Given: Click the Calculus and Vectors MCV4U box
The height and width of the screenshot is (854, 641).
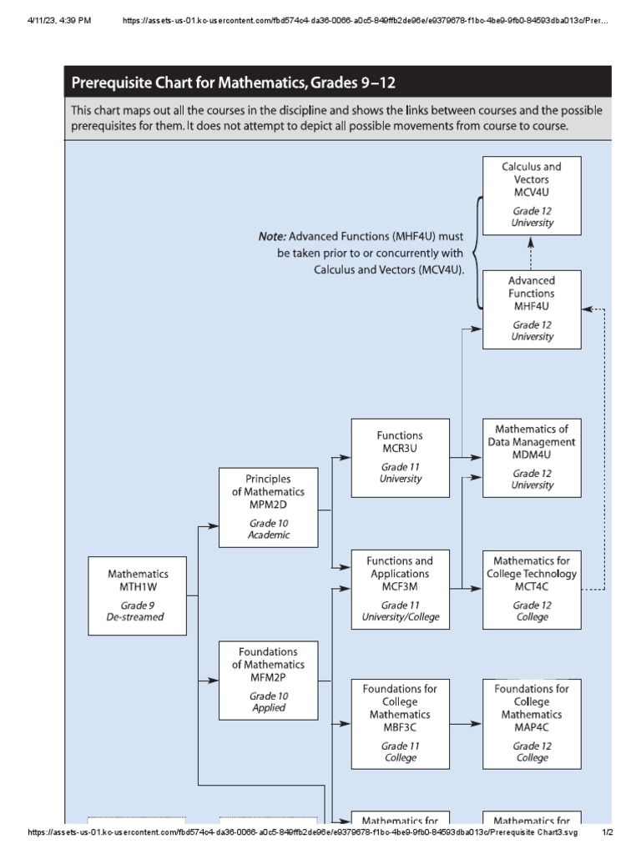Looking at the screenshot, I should pos(532,194).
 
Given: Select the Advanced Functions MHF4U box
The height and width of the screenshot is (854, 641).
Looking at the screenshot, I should pos(532,309).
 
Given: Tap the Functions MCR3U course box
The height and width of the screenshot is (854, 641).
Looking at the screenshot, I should pos(400,457).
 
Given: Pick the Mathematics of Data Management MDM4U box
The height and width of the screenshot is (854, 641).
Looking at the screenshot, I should pos(532,457).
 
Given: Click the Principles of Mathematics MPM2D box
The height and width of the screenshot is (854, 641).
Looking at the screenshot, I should pos(268,507).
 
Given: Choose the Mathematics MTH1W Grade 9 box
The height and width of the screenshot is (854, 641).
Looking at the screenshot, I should pos(138,596).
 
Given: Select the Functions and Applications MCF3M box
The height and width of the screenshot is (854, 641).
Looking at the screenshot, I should pos(400,590).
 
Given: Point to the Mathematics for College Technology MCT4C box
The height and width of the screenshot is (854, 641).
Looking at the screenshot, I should pos(532,590).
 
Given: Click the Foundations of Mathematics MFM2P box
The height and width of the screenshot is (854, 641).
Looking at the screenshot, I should pos(268,680).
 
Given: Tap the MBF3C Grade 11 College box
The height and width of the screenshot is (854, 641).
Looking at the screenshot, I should pos(400,723).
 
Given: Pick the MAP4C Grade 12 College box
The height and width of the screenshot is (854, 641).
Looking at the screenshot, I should pos(532,723).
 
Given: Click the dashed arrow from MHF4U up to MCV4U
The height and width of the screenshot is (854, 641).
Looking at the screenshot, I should pos(532,252).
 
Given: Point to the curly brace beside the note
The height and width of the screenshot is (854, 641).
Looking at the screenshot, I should pos(478,252).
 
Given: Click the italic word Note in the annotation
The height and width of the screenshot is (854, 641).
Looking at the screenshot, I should pos(272,237).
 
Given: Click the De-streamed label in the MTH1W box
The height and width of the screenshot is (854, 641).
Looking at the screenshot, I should pos(138,618).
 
